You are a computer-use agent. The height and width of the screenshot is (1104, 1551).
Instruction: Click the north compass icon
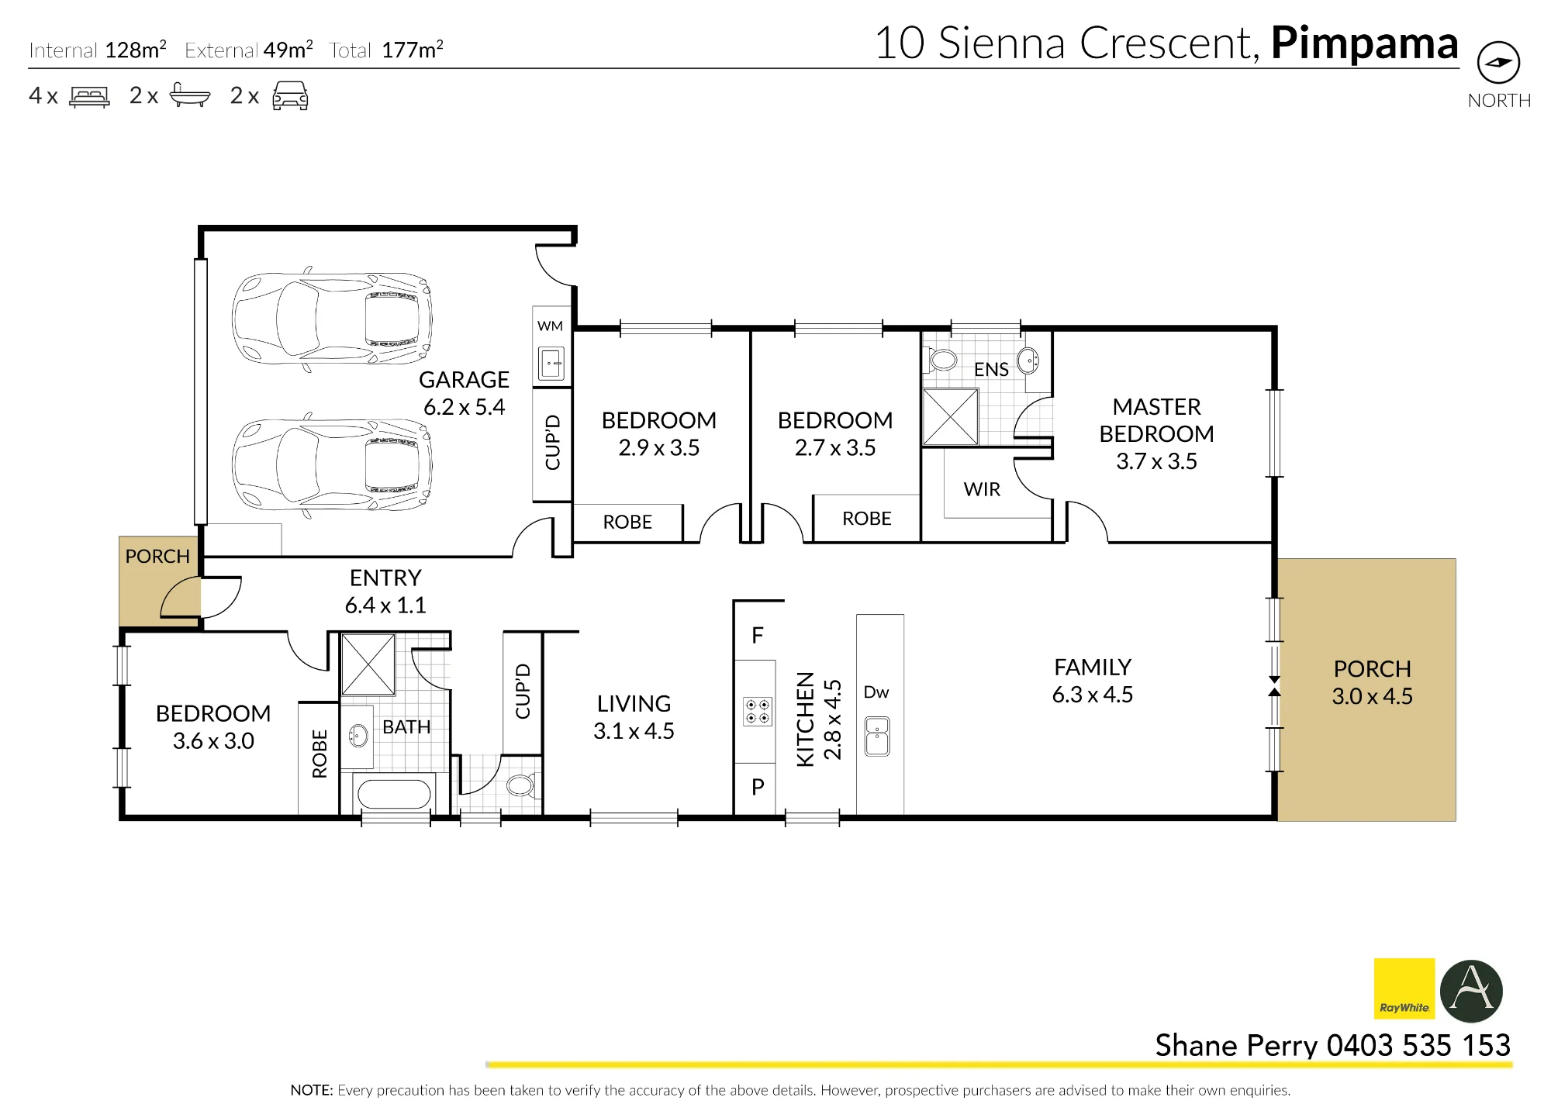pos(1498,63)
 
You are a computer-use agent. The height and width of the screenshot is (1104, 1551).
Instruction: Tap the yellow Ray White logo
pos(1404,988)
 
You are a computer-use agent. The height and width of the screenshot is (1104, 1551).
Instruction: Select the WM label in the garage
pos(550,326)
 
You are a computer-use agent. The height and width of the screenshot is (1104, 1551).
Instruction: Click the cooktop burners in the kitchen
pos(757,712)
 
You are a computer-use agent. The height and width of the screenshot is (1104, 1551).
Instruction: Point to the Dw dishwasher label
pos(876,692)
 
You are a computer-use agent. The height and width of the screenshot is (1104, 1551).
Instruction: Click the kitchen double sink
pos(877,737)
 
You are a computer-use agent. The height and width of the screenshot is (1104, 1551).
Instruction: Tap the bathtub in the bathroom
pos(394,794)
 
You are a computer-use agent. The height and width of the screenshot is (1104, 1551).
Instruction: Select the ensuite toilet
pos(941,360)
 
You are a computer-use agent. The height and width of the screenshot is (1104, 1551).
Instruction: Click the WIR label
pos(982,489)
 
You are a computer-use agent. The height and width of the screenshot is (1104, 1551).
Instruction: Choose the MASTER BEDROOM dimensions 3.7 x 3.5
pos(1156,461)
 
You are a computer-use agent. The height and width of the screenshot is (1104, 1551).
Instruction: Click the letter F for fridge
pos(758,636)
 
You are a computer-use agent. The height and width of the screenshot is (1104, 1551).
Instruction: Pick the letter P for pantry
pos(758,787)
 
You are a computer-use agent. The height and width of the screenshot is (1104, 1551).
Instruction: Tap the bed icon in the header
pos(89,97)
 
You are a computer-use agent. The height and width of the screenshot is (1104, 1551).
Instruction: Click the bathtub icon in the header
pos(190,95)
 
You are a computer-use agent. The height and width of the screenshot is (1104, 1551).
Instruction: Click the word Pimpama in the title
pos(1364,44)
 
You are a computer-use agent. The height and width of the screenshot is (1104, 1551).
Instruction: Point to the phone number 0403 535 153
pos(1418,1045)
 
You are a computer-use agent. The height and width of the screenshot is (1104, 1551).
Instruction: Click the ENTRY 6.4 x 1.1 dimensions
pos(385,605)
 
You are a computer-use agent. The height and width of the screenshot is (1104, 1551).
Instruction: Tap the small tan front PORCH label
pos(157,557)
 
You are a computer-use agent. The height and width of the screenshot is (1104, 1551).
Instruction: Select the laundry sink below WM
pos(551,363)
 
